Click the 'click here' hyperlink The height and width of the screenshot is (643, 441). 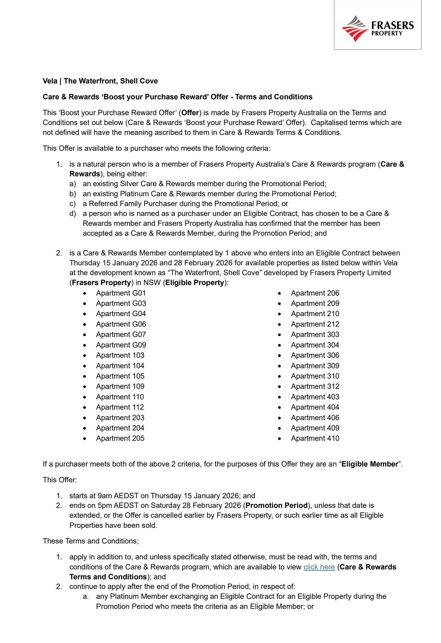click(x=319, y=567)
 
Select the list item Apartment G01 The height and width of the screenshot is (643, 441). click(x=121, y=293)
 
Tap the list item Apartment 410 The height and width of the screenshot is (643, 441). click(x=315, y=438)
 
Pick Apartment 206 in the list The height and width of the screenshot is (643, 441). click(x=315, y=293)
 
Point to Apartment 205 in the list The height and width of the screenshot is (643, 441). click(x=120, y=438)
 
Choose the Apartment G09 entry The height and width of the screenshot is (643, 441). click(x=121, y=345)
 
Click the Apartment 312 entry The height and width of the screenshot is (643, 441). click(x=315, y=386)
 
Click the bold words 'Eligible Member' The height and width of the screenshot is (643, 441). click(x=370, y=464)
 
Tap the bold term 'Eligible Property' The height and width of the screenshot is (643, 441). click(x=195, y=283)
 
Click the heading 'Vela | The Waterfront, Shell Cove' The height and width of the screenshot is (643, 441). click(x=100, y=81)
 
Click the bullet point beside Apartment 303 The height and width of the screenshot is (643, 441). click(x=279, y=335)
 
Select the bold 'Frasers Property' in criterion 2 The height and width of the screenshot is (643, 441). click(x=101, y=283)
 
